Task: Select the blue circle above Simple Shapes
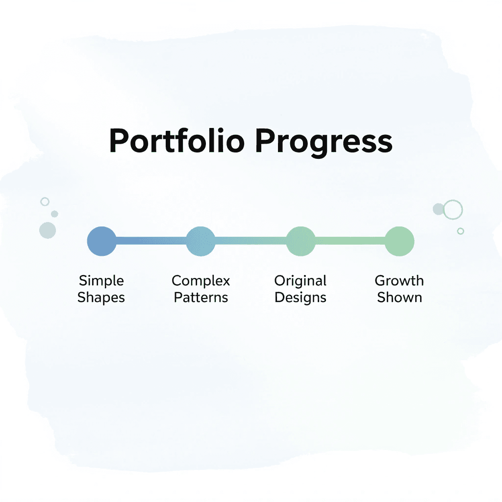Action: [101, 241]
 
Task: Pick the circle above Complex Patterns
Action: [201, 241]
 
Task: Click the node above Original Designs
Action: [301, 241]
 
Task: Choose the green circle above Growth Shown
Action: [400, 241]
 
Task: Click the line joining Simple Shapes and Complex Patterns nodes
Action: [151, 241]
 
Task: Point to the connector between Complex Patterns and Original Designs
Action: [251, 241]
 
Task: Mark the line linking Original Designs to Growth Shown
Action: [350, 241]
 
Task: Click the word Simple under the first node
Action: [101, 281]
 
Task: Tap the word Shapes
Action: [101, 298]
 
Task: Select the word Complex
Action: [201, 281]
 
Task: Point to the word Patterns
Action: [201, 298]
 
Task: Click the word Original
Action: [301, 281]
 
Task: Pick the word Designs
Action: [301, 298]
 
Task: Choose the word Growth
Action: [400, 281]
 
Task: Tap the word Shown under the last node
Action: [400, 298]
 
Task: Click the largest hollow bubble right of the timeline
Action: [453, 210]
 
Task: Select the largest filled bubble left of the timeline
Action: [48, 230]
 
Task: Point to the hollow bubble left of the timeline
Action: [45, 201]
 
